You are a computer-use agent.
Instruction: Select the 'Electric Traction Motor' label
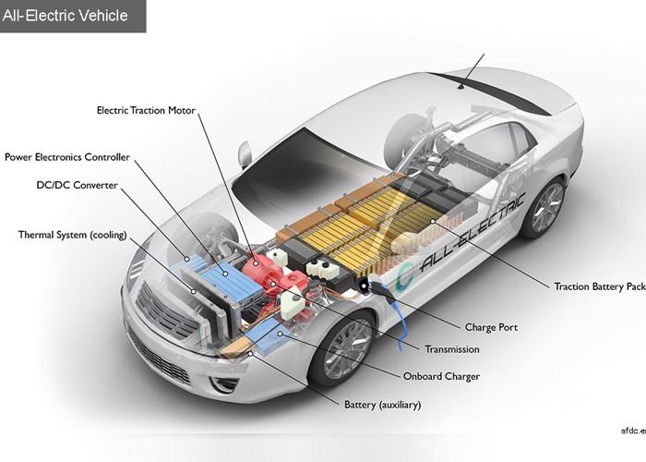146,111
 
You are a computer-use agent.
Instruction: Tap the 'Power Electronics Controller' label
67,157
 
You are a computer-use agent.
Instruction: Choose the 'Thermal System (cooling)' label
73,235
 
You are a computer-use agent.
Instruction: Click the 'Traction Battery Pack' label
599,286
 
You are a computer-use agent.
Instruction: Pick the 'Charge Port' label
490,327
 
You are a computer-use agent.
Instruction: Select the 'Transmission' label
452,349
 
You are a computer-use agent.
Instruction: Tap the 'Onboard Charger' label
440,376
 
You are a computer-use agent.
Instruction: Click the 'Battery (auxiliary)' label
382,405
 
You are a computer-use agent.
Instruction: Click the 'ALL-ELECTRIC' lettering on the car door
472,231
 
